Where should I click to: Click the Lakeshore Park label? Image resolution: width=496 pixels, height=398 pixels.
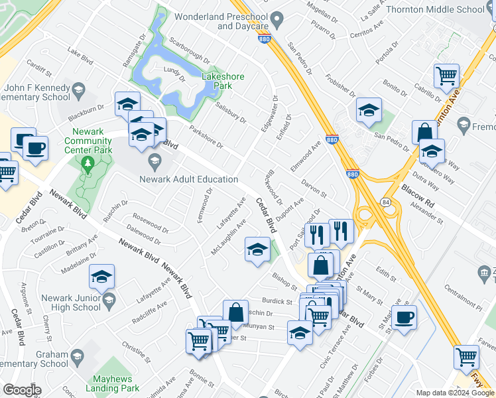click(223, 81)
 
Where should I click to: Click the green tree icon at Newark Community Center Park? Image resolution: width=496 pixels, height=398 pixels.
click(86, 163)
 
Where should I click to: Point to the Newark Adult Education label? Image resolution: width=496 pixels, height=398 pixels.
click(188, 179)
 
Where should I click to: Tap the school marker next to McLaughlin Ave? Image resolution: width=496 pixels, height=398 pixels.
click(257, 249)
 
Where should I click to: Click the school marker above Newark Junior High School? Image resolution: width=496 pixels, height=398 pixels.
click(101, 277)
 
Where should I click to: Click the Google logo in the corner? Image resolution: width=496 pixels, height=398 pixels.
click(22, 390)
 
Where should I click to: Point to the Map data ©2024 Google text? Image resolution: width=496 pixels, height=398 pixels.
click(455, 393)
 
